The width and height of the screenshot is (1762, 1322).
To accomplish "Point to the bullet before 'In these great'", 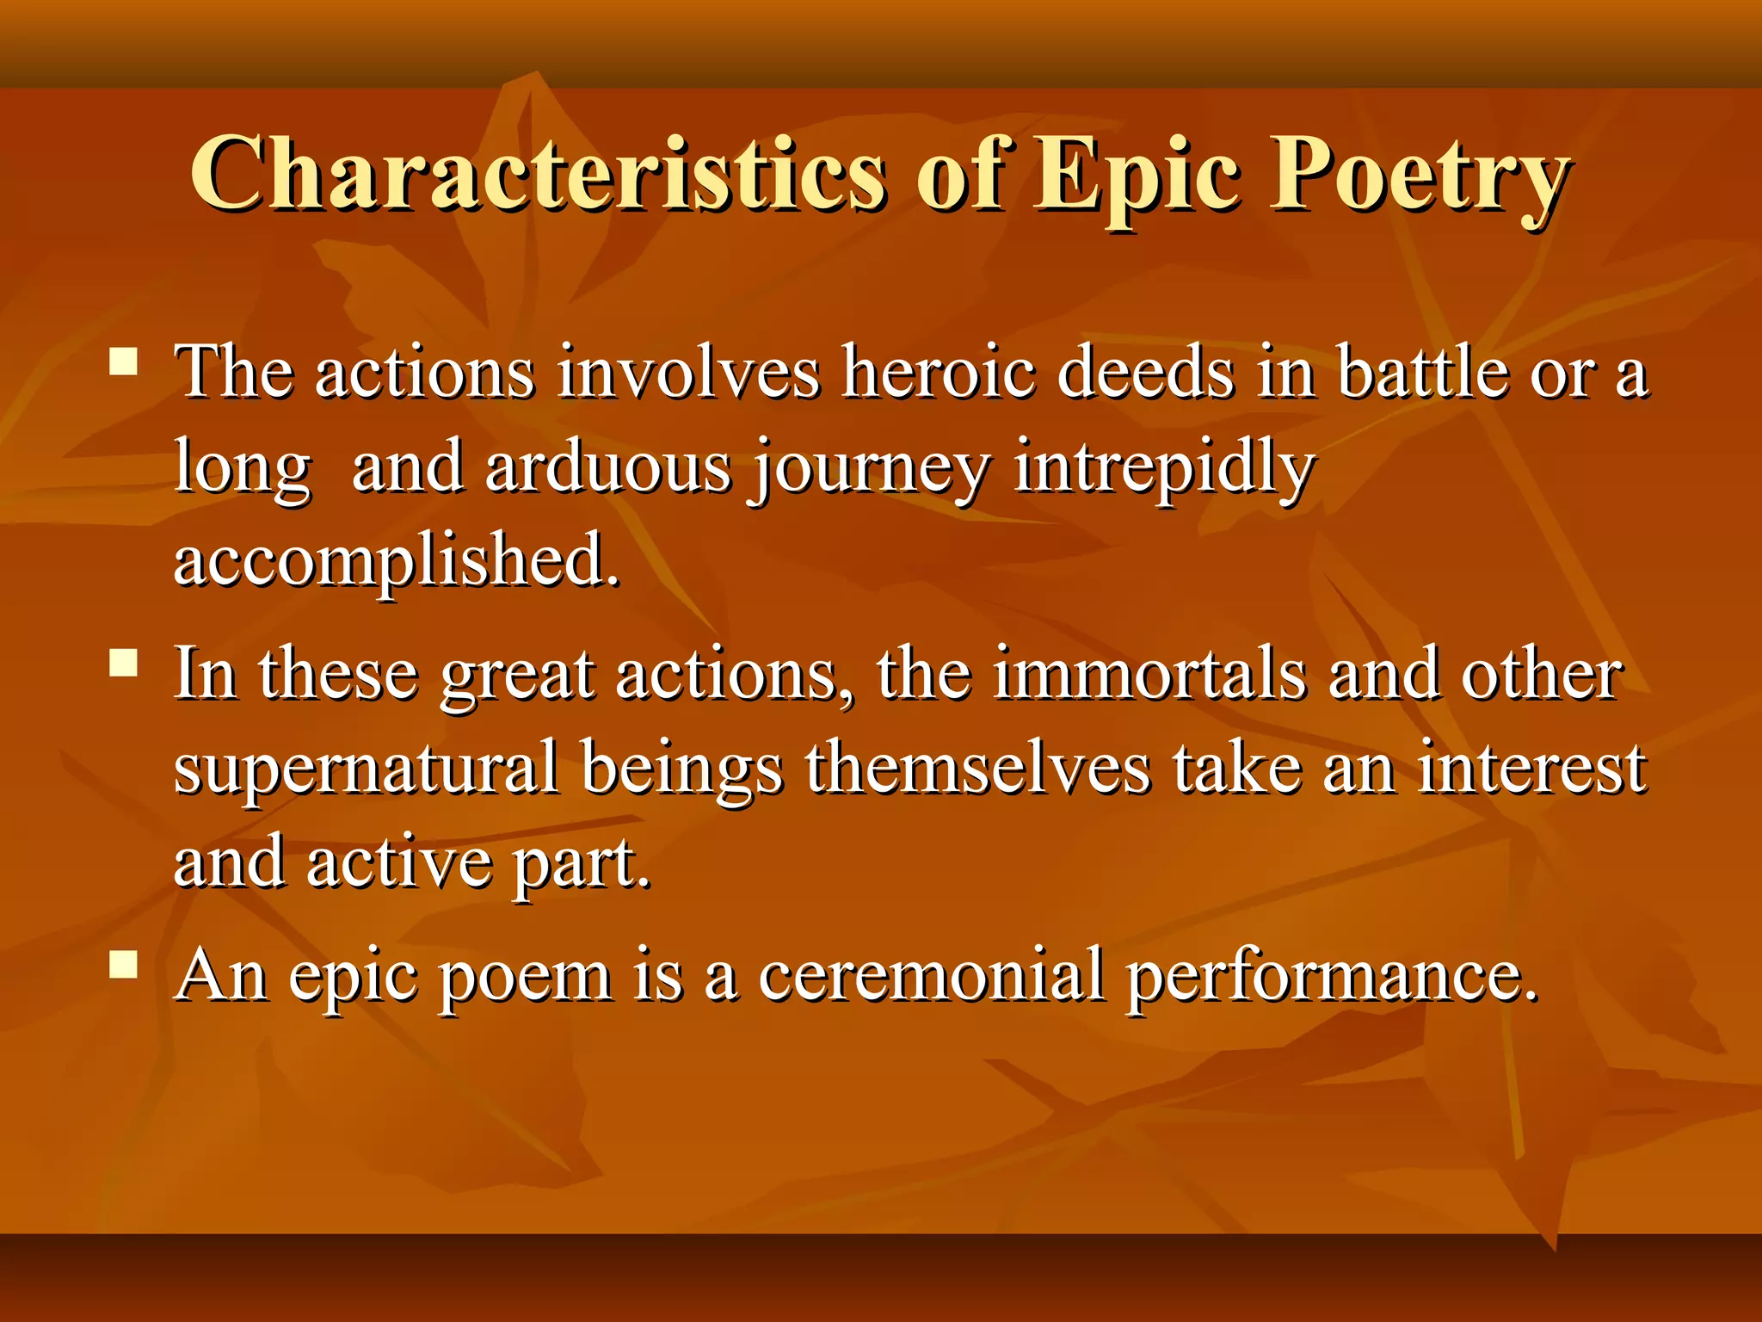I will (124, 664).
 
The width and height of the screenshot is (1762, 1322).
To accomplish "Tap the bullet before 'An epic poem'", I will (124, 965).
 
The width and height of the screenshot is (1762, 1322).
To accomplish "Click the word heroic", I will (938, 373).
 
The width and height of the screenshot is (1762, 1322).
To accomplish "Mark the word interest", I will (1531, 768).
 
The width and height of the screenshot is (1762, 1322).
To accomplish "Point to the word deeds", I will (1145, 373).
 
